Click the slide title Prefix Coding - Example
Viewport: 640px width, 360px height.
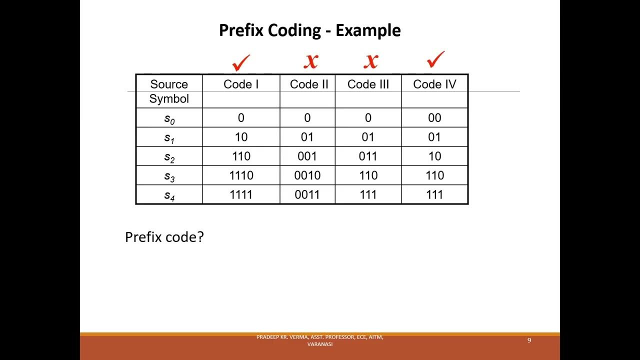pos(309,30)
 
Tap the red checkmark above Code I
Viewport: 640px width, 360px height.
pos(241,62)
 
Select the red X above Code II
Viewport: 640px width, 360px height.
pos(310,61)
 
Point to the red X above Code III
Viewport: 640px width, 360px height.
pos(370,61)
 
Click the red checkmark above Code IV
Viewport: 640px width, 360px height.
pos(435,59)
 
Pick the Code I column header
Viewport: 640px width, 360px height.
pos(241,84)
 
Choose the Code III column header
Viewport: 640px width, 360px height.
pos(368,84)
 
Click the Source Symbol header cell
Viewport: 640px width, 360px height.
pos(169,91)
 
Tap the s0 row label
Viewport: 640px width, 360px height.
pos(169,118)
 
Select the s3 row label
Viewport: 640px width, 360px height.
pos(169,176)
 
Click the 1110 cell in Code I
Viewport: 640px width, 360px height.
pos(241,175)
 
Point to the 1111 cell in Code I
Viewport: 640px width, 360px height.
pos(241,194)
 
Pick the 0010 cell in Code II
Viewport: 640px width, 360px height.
pos(307,175)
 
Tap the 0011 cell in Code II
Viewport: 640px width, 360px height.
pos(307,194)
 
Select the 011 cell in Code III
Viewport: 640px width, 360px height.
pos(368,156)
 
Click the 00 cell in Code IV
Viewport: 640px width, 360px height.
pos(434,118)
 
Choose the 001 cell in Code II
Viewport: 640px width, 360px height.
pos(307,156)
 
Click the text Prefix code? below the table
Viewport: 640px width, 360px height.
pos(164,237)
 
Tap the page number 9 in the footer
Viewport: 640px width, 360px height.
pos(529,340)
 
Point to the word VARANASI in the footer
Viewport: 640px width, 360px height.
pos(320,344)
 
